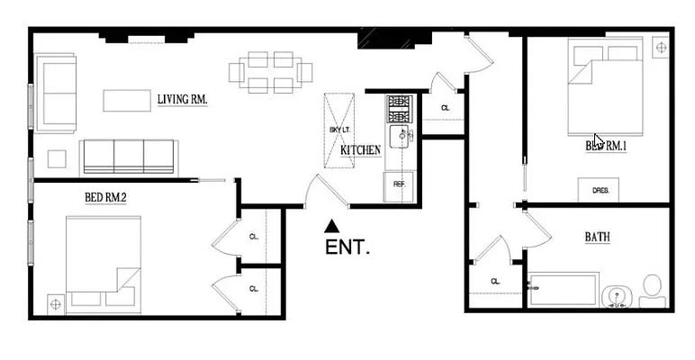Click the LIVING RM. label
pyautogui.click(x=182, y=99)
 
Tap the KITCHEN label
pyautogui.click(x=360, y=150)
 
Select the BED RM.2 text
pyautogui.click(x=105, y=197)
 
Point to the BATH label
pyautogui.click(x=597, y=238)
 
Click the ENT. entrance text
pyautogui.click(x=347, y=247)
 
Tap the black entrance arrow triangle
pyautogui.click(x=332, y=225)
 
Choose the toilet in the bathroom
pyautogui.click(x=652, y=289)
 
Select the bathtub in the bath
pyautogui.click(x=564, y=290)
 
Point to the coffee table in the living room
pyautogui.click(x=126, y=100)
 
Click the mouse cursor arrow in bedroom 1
pyautogui.click(x=599, y=141)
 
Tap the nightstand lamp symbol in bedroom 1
pyautogui.click(x=659, y=45)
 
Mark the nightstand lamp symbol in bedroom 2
pyautogui.click(x=56, y=303)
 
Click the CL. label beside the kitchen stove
pyautogui.click(x=445, y=108)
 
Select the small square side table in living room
pyautogui.click(x=58, y=157)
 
